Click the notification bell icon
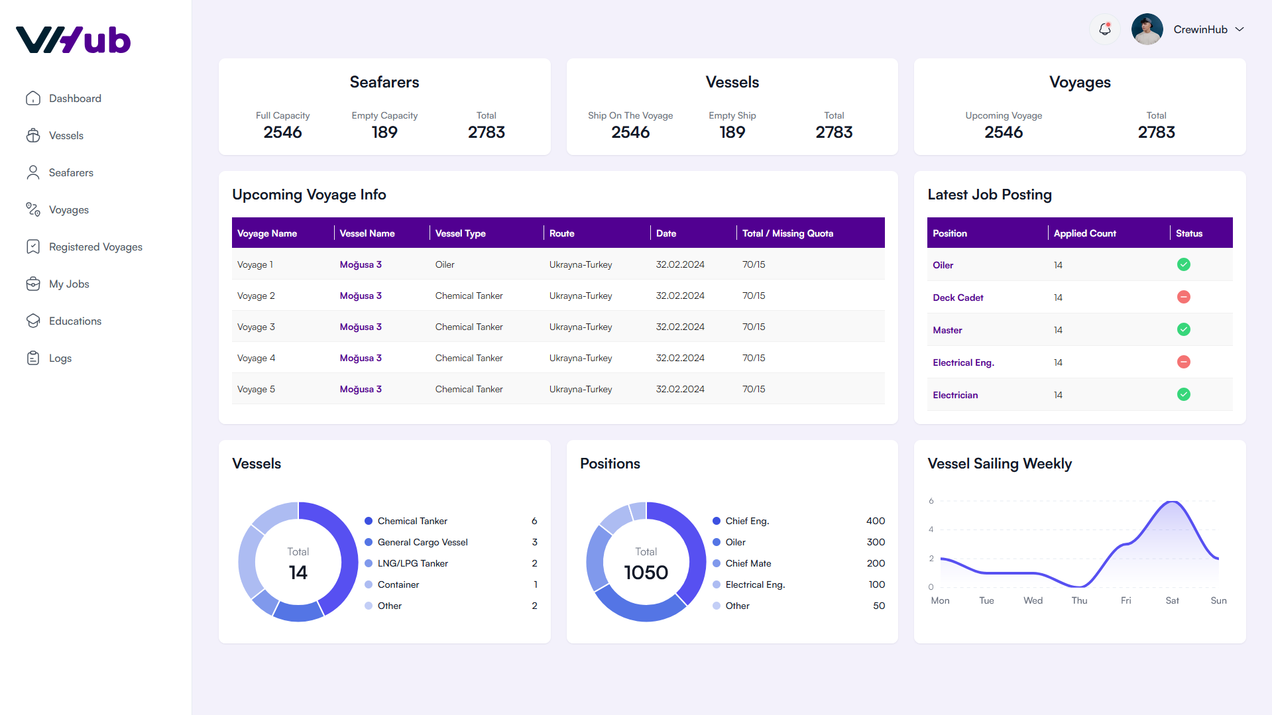[x=1104, y=29]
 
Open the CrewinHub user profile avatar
[x=1147, y=29]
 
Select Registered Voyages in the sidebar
[x=95, y=247]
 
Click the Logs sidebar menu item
[x=60, y=358]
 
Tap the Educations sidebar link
[x=75, y=321]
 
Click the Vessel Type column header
[x=460, y=233]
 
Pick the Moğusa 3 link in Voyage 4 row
[x=361, y=358]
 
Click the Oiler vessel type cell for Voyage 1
[x=445, y=264]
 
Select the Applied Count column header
[x=1084, y=233]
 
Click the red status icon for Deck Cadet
[x=1183, y=297]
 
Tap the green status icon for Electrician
[x=1183, y=394]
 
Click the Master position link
[x=947, y=330]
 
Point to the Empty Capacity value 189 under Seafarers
[x=384, y=132]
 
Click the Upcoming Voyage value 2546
[x=1004, y=132]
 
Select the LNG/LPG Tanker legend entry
[x=412, y=563]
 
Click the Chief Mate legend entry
[x=748, y=563]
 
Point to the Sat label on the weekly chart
[x=1172, y=600]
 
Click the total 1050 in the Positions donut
[x=646, y=572]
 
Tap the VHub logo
[x=74, y=40]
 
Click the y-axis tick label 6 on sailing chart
[x=931, y=501]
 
